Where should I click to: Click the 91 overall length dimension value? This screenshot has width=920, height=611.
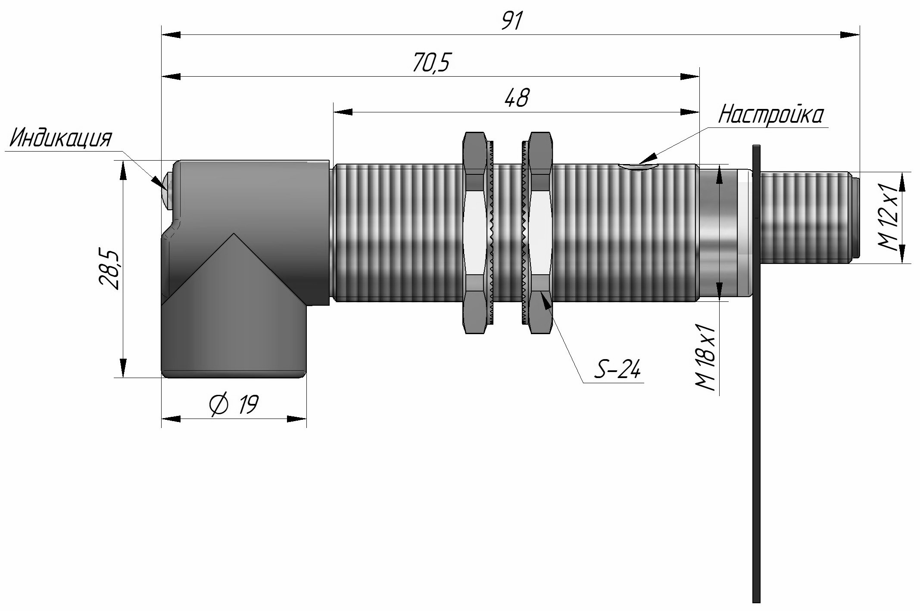pos(512,21)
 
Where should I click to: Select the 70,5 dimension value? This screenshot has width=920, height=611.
pos(431,63)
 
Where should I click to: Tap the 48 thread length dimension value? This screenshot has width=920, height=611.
pos(516,98)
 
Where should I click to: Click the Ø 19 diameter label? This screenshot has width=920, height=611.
pos(234,405)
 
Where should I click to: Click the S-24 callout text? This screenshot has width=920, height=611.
pos(618,369)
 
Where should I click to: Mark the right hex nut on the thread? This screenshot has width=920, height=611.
pos(540,233)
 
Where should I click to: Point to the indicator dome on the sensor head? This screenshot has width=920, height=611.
pos(168,192)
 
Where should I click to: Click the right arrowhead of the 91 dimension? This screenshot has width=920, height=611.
pos(850,35)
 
